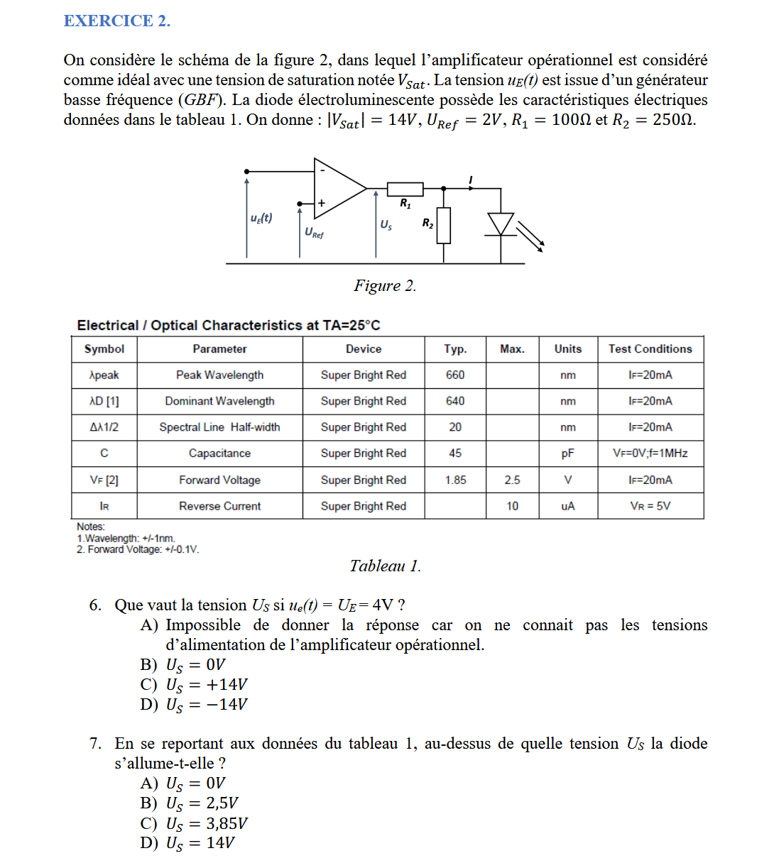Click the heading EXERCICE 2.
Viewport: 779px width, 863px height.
click(x=117, y=21)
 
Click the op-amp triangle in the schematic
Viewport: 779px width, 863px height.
click(x=338, y=188)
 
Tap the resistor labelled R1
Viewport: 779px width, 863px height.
click(x=405, y=189)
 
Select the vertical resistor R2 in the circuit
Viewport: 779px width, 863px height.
click(x=444, y=226)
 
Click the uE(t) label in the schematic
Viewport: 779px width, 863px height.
click(x=261, y=218)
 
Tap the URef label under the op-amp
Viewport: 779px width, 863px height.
click(x=314, y=232)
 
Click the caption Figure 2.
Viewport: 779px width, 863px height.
click(x=385, y=285)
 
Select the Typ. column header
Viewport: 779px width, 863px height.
click(x=455, y=349)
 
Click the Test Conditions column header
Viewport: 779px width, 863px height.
click(x=650, y=349)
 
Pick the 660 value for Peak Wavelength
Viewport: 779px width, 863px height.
click(x=455, y=375)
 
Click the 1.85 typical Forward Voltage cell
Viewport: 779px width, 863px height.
click(x=455, y=480)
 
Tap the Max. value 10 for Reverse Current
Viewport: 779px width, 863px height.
click(x=512, y=506)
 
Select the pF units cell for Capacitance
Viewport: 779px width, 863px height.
click(x=567, y=454)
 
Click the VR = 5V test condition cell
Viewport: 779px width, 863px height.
click(x=650, y=506)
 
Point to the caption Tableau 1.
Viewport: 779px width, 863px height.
click(x=385, y=566)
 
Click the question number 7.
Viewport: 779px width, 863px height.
click(x=95, y=743)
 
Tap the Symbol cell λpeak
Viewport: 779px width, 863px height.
click(x=104, y=375)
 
